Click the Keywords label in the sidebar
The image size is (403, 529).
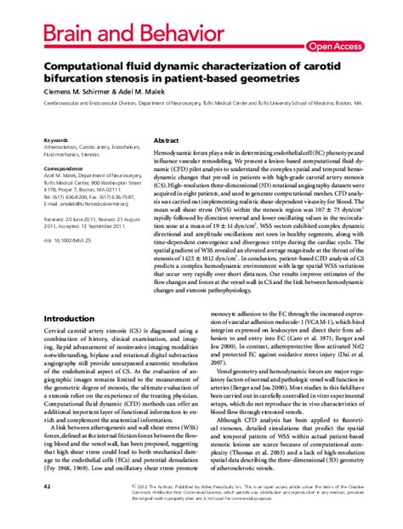[56, 139]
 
